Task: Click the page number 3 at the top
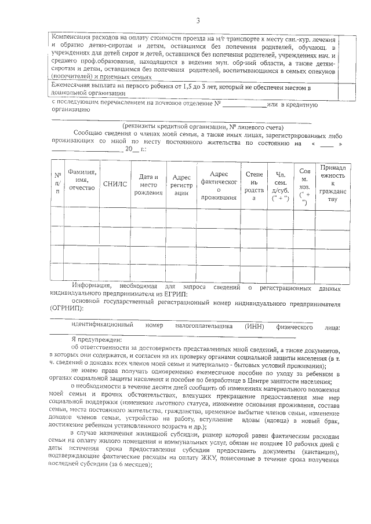click(x=197, y=21)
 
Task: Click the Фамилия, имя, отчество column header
click(x=82, y=179)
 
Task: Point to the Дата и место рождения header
click(x=145, y=184)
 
